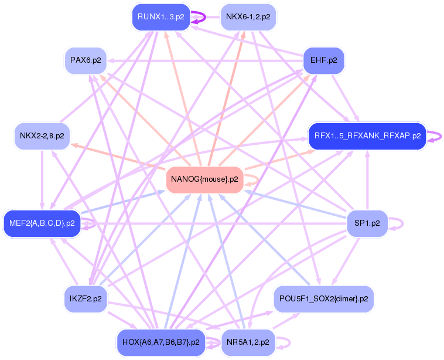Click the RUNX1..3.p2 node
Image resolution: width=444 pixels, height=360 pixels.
point(161,17)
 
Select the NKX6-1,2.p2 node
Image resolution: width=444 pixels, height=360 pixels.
point(248,17)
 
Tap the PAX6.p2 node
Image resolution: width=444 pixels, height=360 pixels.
point(86,60)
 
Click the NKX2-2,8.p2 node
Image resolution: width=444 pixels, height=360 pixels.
point(42,136)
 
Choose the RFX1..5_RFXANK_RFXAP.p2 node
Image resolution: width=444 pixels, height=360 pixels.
point(367,136)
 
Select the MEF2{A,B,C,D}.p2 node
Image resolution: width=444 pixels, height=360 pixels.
point(42,223)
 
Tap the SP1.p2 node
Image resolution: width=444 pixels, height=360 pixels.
point(367,223)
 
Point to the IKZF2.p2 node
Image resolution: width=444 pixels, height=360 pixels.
point(86,298)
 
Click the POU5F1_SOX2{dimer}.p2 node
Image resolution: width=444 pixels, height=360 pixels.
point(323,299)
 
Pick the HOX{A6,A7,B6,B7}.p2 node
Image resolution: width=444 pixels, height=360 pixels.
point(161,342)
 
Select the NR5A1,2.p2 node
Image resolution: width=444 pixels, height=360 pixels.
point(248,342)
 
